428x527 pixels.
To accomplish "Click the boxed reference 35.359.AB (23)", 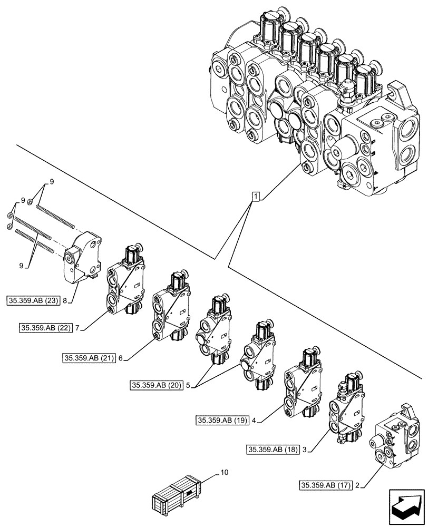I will pyautogui.click(x=34, y=301).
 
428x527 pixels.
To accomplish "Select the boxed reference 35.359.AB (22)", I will pyautogui.click(x=46, y=328).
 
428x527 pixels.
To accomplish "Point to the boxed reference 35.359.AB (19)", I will pyautogui.click(x=222, y=421).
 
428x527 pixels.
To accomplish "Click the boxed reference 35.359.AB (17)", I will pyautogui.click(x=326, y=484).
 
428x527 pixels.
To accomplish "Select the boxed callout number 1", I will pyautogui.click(x=255, y=197).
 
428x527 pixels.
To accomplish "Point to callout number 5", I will pyautogui.click(x=189, y=386).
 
